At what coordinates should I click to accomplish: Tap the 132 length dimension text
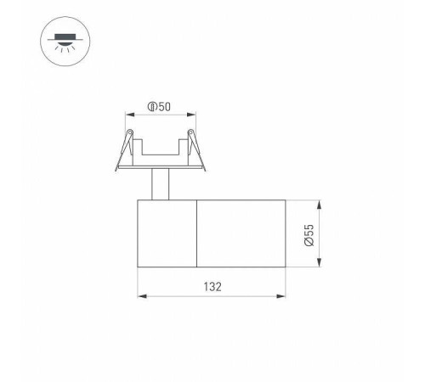click(212, 286)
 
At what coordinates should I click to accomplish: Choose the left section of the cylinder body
click(167, 233)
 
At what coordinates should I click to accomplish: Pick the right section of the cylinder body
click(241, 233)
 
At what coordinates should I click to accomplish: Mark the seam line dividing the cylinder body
click(197, 233)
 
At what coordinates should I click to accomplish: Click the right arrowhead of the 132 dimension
click(282, 295)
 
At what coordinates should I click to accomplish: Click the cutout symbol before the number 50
click(151, 107)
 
